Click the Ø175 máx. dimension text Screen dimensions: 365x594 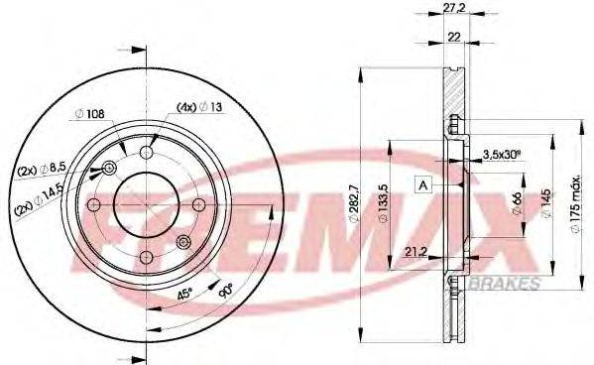(x=577, y=204)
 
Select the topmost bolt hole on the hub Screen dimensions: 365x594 (x=147, y=152)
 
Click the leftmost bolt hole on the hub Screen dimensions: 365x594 (x=94, y=205)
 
